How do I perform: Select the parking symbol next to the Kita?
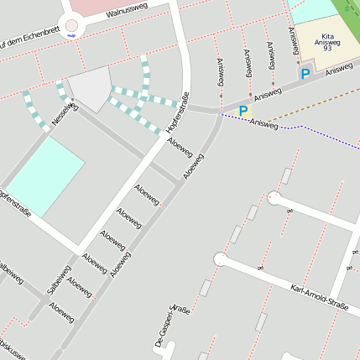305,75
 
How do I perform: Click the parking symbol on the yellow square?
243,110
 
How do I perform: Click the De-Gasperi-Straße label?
173,326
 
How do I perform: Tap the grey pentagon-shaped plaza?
89,87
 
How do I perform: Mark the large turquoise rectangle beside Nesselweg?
46,176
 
